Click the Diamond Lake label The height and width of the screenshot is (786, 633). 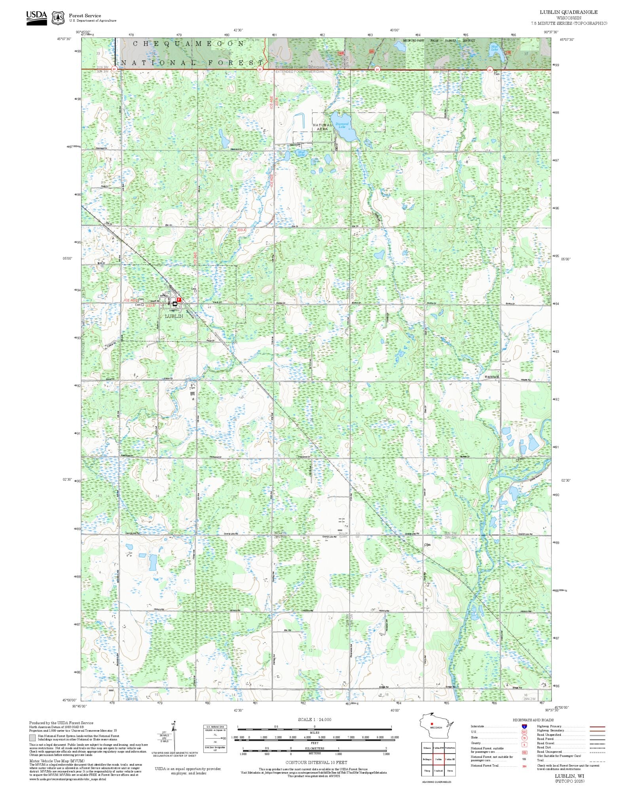click(342, 125)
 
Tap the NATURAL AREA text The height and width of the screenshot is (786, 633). click(322, 127)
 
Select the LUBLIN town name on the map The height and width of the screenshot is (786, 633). click(174, 316)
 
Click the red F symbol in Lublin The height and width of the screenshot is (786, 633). click(179, 300)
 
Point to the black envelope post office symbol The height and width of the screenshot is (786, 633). click(175, 304)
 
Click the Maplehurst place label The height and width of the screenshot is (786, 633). click(492, 376)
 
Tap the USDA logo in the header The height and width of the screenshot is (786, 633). click(36, 17)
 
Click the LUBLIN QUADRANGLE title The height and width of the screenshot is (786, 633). click(569, 12)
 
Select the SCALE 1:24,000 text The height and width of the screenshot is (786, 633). click(315, 720)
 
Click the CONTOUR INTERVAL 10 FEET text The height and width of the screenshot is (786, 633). click(316, 762)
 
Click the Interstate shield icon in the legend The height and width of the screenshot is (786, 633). click(524, 727)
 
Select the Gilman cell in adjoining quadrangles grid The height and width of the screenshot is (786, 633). click(427, 748)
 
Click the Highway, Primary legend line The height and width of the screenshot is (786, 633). click(597, 727)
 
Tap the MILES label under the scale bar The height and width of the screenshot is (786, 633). click(315, 732)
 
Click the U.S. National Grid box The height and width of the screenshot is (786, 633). click(215, 739)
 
